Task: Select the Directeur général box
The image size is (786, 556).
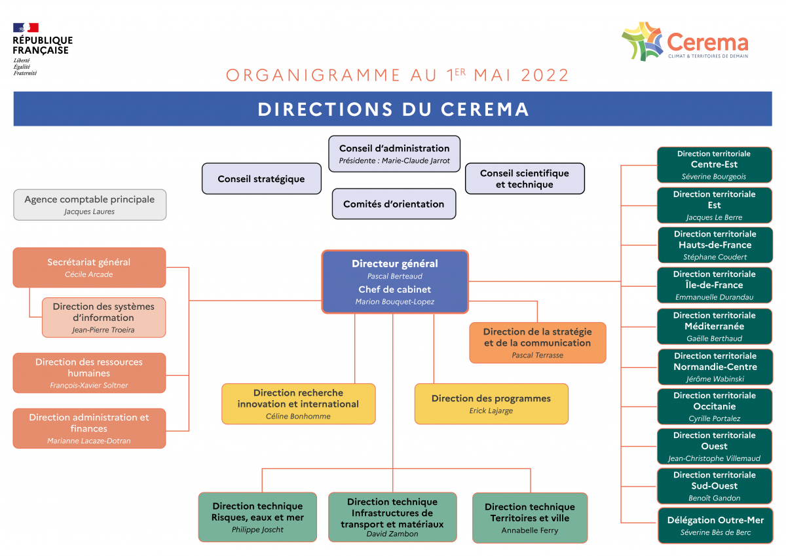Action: [x=395, y=282]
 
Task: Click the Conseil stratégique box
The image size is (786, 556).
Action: [x=261, y=179]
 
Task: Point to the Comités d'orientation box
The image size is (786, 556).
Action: [x=394, y=204]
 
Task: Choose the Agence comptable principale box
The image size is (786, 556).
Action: [x=90, y=204]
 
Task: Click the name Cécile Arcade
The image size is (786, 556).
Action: [x=89, y=274]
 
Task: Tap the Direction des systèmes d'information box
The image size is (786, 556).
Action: [x=103, y=318]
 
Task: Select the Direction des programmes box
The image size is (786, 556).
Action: [x=491, y=403]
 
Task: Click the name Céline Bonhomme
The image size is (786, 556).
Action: [x=298, y=416]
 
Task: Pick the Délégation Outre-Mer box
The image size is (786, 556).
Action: [x=715, y=525]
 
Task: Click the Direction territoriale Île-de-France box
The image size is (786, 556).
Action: [x=715, y=285]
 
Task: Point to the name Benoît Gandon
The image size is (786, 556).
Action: [x=715, y=498]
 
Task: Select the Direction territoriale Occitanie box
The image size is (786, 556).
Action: [x=715, y=406]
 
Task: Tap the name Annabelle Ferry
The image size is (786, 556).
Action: [x=530, y=530]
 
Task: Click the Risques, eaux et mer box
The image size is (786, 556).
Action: [x=257, y=517]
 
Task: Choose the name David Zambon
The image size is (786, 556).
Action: [x=392, y=534]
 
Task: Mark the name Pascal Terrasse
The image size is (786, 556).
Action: [x=538, y=355]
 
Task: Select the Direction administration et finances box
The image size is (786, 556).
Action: [x=89, y=428]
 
